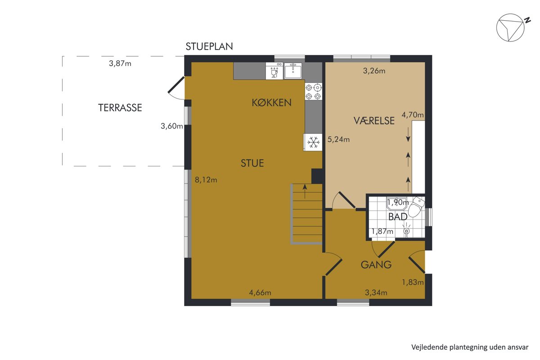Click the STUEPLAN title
click(209, 46)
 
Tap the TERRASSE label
click(120, 108)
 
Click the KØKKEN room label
click(272, 103)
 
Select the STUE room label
click(252, 163)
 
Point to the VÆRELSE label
click(374, 121)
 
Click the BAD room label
click(398, 217)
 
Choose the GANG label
click(376, 265)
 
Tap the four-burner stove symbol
click(313, 91)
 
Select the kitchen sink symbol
click(293, 71)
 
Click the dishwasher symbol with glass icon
click(274, 71)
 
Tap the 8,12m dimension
click(206, 180)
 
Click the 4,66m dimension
click(260, 293)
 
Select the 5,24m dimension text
click(338, 139)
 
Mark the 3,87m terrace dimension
click(120, 63)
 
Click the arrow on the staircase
click(305, 191)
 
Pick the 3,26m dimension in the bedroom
click(374, 71)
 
